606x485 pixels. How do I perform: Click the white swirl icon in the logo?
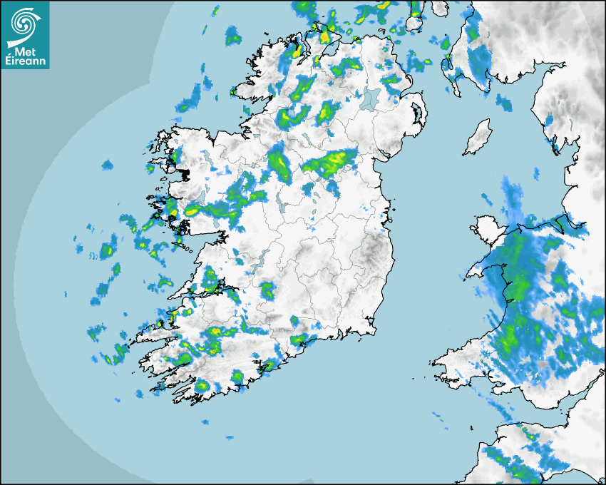[25, 21]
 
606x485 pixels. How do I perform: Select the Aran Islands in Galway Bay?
[183, 247]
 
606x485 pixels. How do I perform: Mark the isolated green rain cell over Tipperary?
[267, 290]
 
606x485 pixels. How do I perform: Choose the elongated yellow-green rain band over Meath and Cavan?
[330, 163]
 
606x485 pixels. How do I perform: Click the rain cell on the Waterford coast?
[300, 340]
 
